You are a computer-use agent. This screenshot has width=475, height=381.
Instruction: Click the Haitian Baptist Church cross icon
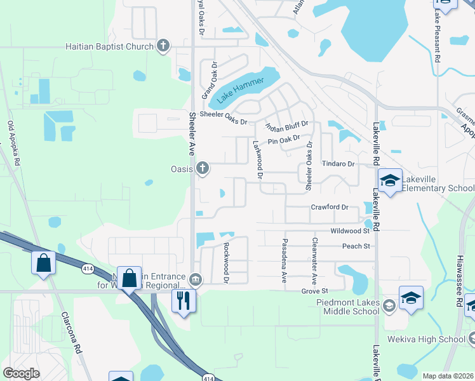pos(163,46)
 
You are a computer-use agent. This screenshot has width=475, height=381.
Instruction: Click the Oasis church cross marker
pos(203,168)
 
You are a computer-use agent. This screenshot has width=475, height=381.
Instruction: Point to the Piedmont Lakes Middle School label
pos(348,307)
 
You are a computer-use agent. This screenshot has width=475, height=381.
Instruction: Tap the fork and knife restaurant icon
pos(184,300)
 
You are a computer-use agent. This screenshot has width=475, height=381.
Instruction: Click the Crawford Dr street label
pos(330,207)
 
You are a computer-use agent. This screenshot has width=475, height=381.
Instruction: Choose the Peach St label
pos(355,246)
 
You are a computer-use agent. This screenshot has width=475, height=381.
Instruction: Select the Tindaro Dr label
pos(337,164)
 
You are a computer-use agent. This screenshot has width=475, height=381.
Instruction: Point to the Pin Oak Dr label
pos(283,140)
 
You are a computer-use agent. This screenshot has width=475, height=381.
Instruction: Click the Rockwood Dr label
pos(225,262)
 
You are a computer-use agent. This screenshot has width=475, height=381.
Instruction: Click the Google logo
pos(21,373)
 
